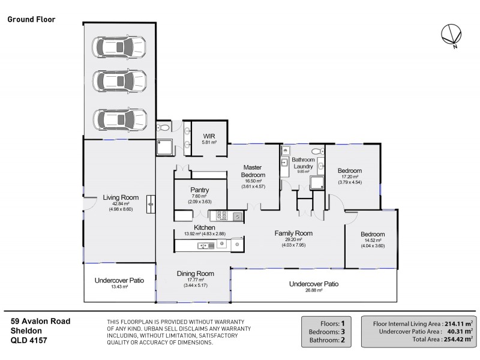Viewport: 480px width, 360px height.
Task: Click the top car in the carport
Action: tap(119, 46)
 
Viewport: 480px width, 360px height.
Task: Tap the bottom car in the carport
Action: tap(119, 119)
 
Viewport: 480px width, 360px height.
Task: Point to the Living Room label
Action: tap(121, 197)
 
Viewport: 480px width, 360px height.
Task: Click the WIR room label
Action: tap(209, 136)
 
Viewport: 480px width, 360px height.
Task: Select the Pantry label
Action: tap(200, 190)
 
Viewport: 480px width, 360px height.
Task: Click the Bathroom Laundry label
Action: tap(303, 163)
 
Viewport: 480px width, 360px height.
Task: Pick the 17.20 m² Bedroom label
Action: tap(349, 170)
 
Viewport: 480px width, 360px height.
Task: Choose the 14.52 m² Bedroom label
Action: tap(372, 234)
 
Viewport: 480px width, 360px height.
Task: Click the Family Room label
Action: tap(293, 233)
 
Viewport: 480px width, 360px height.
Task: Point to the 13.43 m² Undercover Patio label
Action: tap(119, 280)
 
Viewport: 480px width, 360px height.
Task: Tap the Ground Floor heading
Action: tap(31, 19)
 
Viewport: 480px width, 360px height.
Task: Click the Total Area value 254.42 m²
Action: tap(450, 339)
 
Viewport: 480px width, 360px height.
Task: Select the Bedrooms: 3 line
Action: tap(326, 331)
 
